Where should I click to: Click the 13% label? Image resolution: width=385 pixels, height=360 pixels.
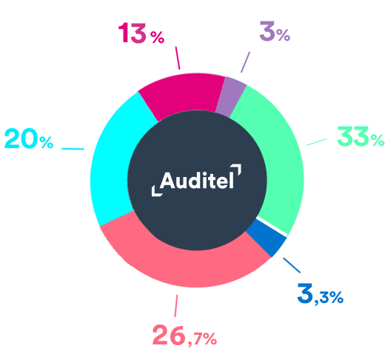(x=141, y=33)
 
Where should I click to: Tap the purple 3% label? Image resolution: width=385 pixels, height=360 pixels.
(x=275, y=31)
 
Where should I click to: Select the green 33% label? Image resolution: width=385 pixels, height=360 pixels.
(x=361, y=136)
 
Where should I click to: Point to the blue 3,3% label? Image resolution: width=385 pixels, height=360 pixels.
(x=321, y=293)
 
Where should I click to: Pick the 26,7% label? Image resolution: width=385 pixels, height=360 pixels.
(x=184, y=336)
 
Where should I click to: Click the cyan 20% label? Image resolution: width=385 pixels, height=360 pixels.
(x=29, y=139)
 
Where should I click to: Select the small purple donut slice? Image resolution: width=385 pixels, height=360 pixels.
(x=231, y=96)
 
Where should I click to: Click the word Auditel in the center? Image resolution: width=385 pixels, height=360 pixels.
(x=197, y=181)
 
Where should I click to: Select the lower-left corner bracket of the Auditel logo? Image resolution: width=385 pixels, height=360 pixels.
(x=157, y=190)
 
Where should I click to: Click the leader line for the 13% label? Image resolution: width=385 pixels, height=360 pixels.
(x=178, y=58)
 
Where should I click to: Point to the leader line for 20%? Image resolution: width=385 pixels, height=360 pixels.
(x=73, y=149)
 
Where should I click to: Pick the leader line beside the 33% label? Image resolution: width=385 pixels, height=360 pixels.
(x=316, y=142)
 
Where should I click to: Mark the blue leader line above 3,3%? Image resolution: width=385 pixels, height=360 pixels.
(x=292, y=265)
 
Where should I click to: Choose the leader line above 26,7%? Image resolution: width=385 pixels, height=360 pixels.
(x=176, y=305)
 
